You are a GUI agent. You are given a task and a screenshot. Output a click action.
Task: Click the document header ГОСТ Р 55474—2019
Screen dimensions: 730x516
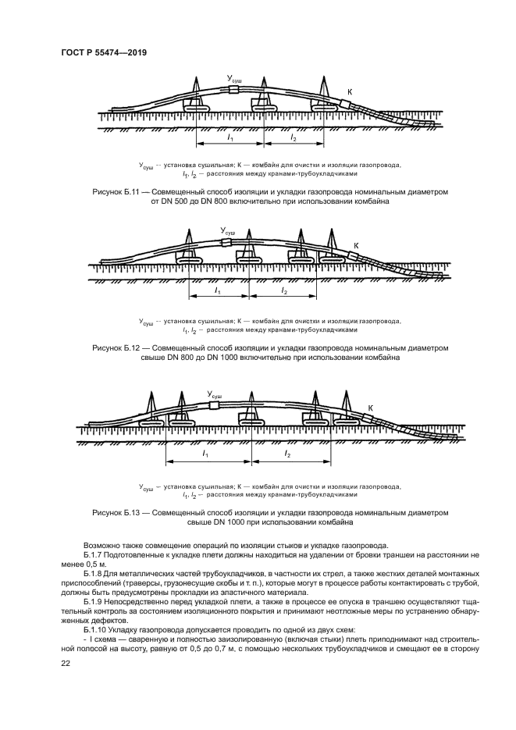coord(103,52)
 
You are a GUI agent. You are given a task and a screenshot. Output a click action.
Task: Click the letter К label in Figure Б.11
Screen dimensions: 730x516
coord(349,92)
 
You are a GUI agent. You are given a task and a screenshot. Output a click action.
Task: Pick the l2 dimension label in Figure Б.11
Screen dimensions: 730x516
coord(294,137)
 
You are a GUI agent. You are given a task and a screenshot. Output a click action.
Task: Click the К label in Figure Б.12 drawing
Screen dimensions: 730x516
coord(356,246)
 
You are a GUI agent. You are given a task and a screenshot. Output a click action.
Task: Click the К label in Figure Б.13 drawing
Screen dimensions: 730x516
coord(370,408)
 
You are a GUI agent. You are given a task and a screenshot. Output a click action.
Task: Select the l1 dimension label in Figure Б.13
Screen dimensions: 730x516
coord(205,453)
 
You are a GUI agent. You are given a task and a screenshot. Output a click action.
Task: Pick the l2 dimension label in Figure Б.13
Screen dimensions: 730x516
coord(288,453)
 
